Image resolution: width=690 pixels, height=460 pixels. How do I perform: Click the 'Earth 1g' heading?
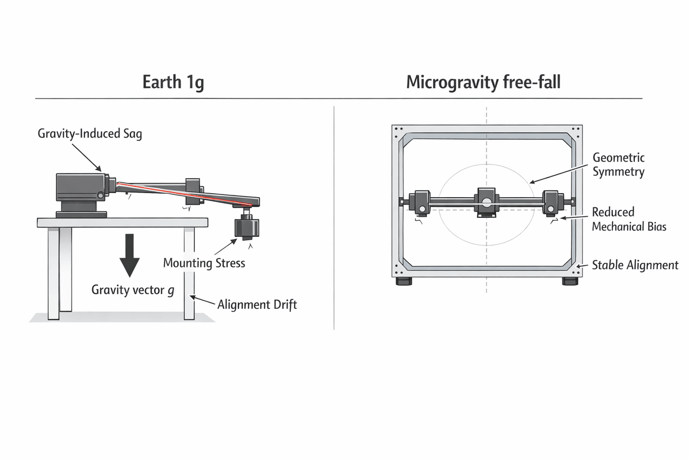(x=173, y=82)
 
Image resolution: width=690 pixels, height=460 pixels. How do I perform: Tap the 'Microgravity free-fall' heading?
(x=483, y=82)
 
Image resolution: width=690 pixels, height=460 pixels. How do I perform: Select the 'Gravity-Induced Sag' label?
(x=90, y=134)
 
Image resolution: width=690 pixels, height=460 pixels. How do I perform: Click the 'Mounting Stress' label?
(x=204, y=263)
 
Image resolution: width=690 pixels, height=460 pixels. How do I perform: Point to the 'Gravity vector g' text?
(x=133, y=290)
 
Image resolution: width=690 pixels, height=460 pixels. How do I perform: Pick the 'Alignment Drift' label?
(x=257, y=305)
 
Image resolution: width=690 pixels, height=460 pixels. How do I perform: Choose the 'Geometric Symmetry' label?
(x=618, y=164)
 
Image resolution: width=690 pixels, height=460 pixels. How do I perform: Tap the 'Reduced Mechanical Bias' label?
(x=629, y=219)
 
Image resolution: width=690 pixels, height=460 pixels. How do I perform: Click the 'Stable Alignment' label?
(x=635, y=265)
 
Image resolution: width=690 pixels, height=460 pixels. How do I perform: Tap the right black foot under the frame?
(x=570, y=281)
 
